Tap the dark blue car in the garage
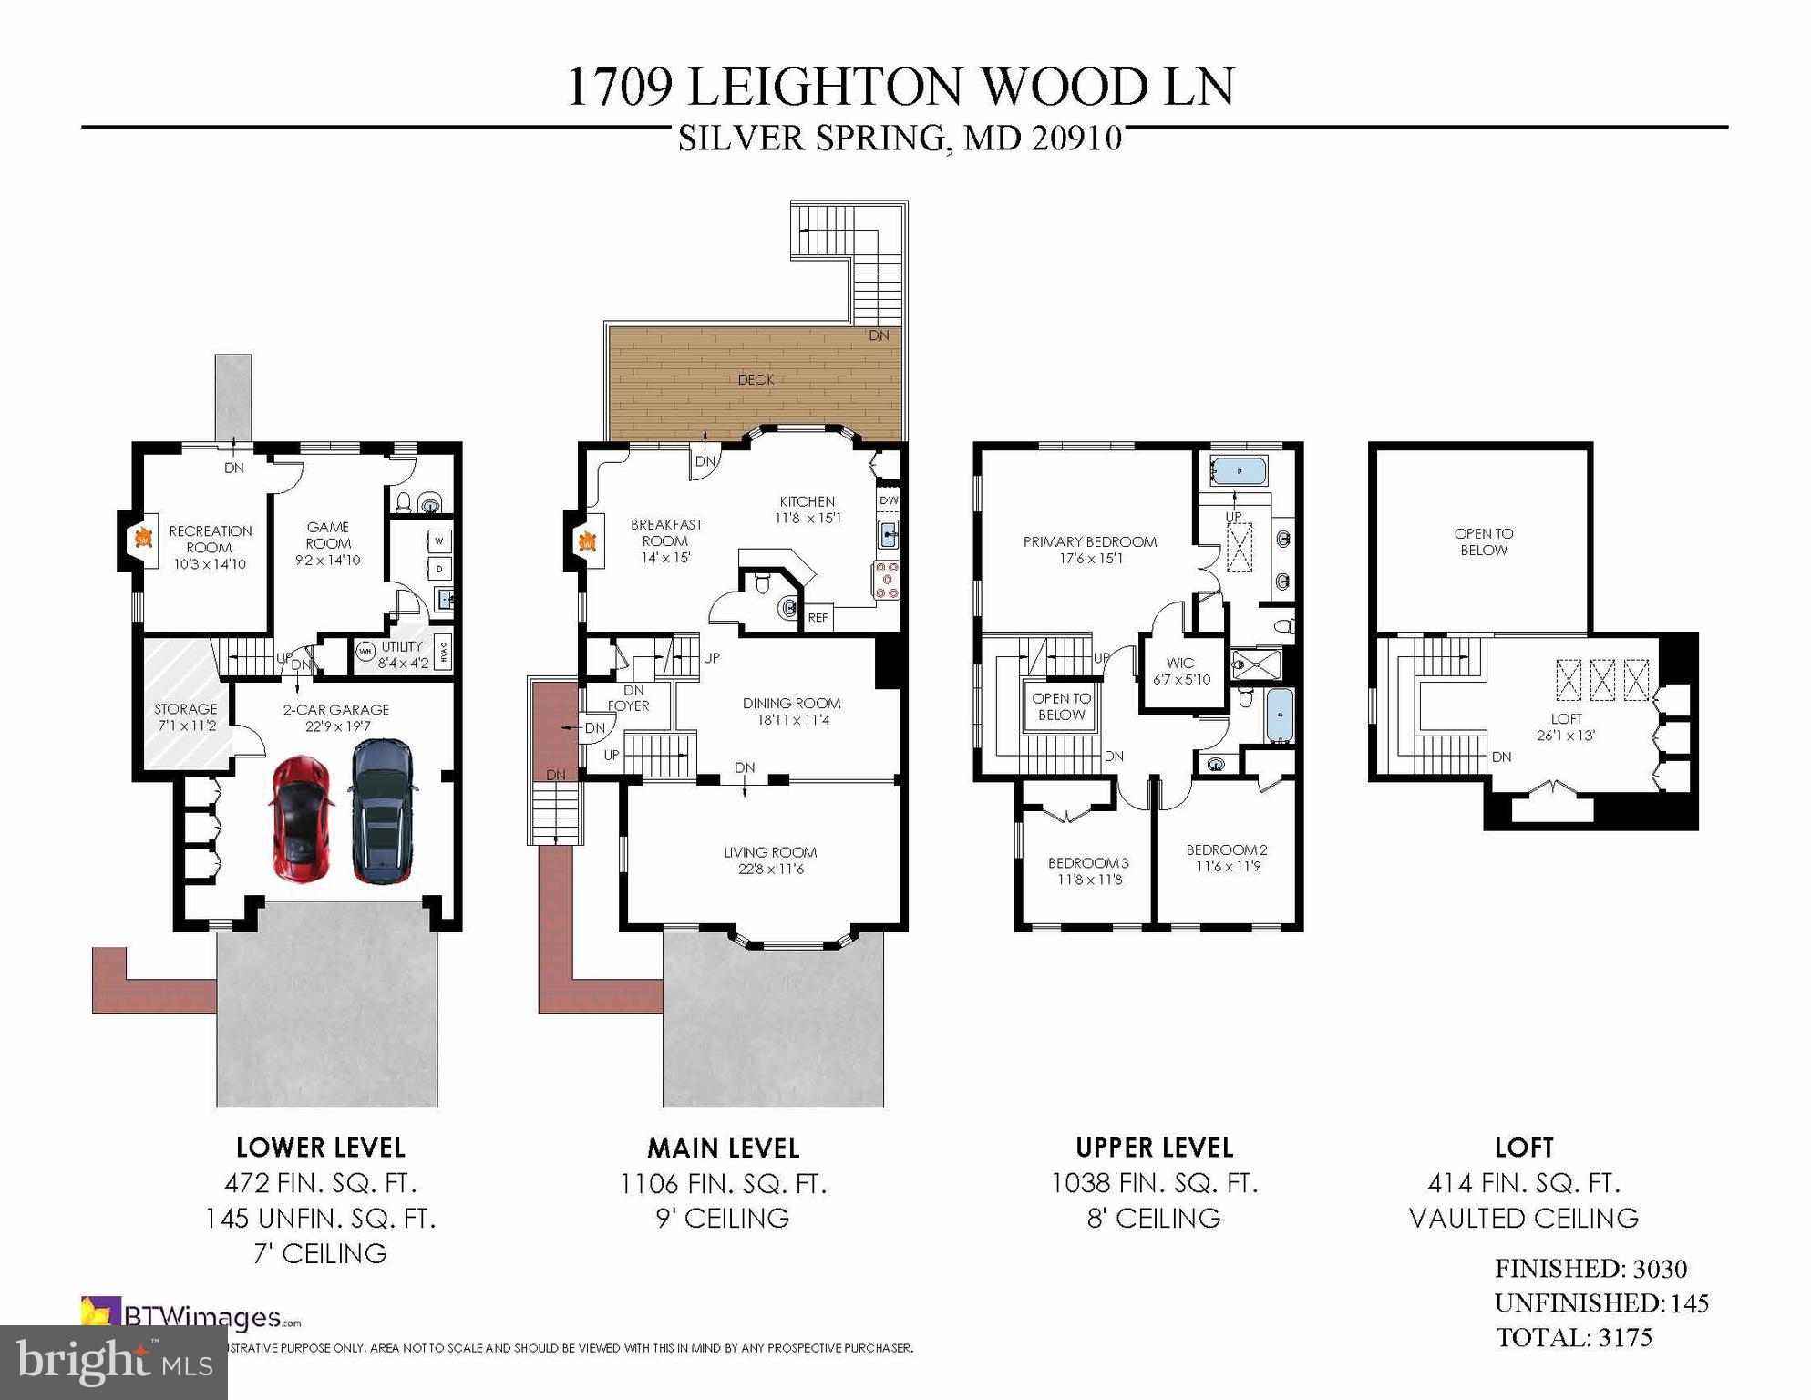click(x=382, y=809)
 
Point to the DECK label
click(x=756, y=380)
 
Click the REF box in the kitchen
click(x=818, y=618)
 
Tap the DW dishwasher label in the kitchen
click(x=888, y=500)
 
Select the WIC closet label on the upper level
click(x=1180, y=663)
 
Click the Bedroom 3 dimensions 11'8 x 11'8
click(x=1089, y=880)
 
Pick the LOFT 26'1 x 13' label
click(x=1565, y=726)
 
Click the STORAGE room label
click(x=186, y=709)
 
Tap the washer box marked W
click(x=439, y=540)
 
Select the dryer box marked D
click(x=439, y=569)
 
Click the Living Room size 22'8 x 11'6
click(x=770, y=870)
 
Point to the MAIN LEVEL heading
click(x=724, y=1148)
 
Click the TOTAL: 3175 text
click(x=1573, y=1338)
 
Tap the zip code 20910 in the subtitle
click(x=1076, y=139)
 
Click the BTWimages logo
click(x=191, y=1317)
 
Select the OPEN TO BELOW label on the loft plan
click(x=1483, y=541)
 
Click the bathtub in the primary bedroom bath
click(x=1238, y=472)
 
